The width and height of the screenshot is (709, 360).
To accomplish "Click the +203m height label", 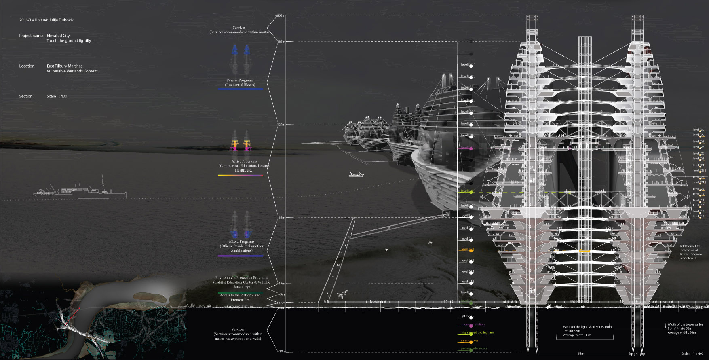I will coord(281,16).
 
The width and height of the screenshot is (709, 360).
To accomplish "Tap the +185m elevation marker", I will coord(280,42).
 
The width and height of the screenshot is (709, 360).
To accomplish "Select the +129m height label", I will coord(280,125).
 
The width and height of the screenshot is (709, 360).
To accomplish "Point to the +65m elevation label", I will coord(281,218).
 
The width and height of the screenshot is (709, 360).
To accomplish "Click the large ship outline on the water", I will coord(80,190).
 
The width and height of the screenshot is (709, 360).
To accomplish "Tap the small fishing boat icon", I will coord(356,174).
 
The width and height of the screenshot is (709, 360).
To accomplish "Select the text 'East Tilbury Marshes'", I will coord(65,66).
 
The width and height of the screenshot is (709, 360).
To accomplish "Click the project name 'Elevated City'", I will coord(58,36).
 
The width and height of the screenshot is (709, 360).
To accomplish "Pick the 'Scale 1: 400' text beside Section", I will coord(57,96).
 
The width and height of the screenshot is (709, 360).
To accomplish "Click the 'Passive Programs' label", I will coord(240,80).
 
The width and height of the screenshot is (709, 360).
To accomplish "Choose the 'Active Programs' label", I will coord(244,161).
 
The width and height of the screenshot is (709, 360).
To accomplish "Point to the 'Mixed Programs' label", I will coord(242,241).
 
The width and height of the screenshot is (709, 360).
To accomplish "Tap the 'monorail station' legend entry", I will coord(473,324).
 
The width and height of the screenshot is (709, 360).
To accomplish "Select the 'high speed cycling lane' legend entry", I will coord(478,332).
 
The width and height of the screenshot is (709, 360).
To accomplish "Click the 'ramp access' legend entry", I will coord(470,341).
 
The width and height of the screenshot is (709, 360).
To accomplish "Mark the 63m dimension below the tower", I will coord(581,354).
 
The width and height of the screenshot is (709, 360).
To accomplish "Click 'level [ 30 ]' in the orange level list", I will coord(699,130).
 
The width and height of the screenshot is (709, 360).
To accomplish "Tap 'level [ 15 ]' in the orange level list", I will coord(699,216).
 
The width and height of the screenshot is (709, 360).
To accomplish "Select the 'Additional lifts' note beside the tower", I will coord(690,246).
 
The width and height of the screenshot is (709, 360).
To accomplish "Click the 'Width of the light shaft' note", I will coord(587,327).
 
